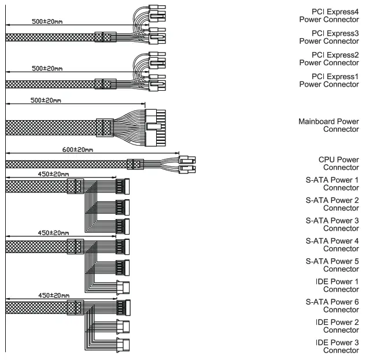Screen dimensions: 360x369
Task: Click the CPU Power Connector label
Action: click(x=338, y=163)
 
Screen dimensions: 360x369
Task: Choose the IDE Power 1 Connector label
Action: click(x=338, y=285)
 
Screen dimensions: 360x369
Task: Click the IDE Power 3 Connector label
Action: click(x=338, y=347)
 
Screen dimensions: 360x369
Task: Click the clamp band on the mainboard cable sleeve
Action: click(x=105, y=127)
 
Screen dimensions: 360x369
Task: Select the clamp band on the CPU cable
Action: click(x=135, y=164)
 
